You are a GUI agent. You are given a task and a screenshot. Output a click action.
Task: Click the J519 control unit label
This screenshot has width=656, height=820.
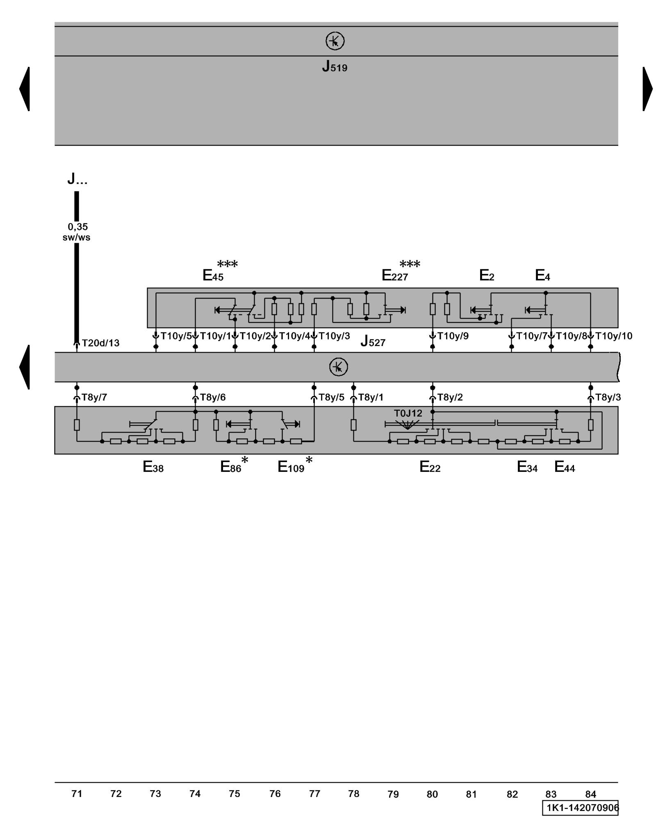(x=335, y=66)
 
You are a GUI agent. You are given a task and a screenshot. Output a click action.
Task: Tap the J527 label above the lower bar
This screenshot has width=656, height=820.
(x=373, y=342)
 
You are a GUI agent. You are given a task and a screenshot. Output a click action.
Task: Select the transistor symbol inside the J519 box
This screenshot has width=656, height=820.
(x=335, y=41)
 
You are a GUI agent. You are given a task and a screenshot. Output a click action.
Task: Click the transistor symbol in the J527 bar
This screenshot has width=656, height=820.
(x=338, y=367)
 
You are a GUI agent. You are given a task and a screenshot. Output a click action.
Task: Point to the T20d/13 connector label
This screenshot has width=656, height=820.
(x=100, y=343)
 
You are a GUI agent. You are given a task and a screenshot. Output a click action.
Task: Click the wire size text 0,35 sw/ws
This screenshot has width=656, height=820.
(x=77, y=232)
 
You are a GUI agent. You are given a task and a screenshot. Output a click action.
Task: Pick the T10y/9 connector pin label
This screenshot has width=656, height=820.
(x=453, y=336)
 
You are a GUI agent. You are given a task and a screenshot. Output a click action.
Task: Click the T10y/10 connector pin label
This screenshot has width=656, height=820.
(x=613, y=336)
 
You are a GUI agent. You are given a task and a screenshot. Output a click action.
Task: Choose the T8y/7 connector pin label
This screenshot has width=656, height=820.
(x=94, y=397)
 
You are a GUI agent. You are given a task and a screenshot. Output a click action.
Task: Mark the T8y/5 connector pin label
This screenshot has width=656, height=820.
(x=331, y=397)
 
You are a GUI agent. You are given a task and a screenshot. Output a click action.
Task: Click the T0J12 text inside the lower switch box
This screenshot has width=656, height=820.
(x=408, y=413)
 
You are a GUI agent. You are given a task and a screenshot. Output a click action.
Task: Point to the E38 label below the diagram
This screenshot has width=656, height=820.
(x=153, y=467)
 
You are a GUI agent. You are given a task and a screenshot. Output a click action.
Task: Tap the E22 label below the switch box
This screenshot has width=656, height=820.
(x=430, y=467)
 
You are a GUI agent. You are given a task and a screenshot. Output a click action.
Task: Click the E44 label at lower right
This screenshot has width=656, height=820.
(x=565, y=467)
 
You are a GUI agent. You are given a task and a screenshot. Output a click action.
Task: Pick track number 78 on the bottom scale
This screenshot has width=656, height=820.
(x=353, y=794)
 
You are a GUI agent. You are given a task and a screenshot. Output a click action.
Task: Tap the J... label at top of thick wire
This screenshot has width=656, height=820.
(x=77, y=179)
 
